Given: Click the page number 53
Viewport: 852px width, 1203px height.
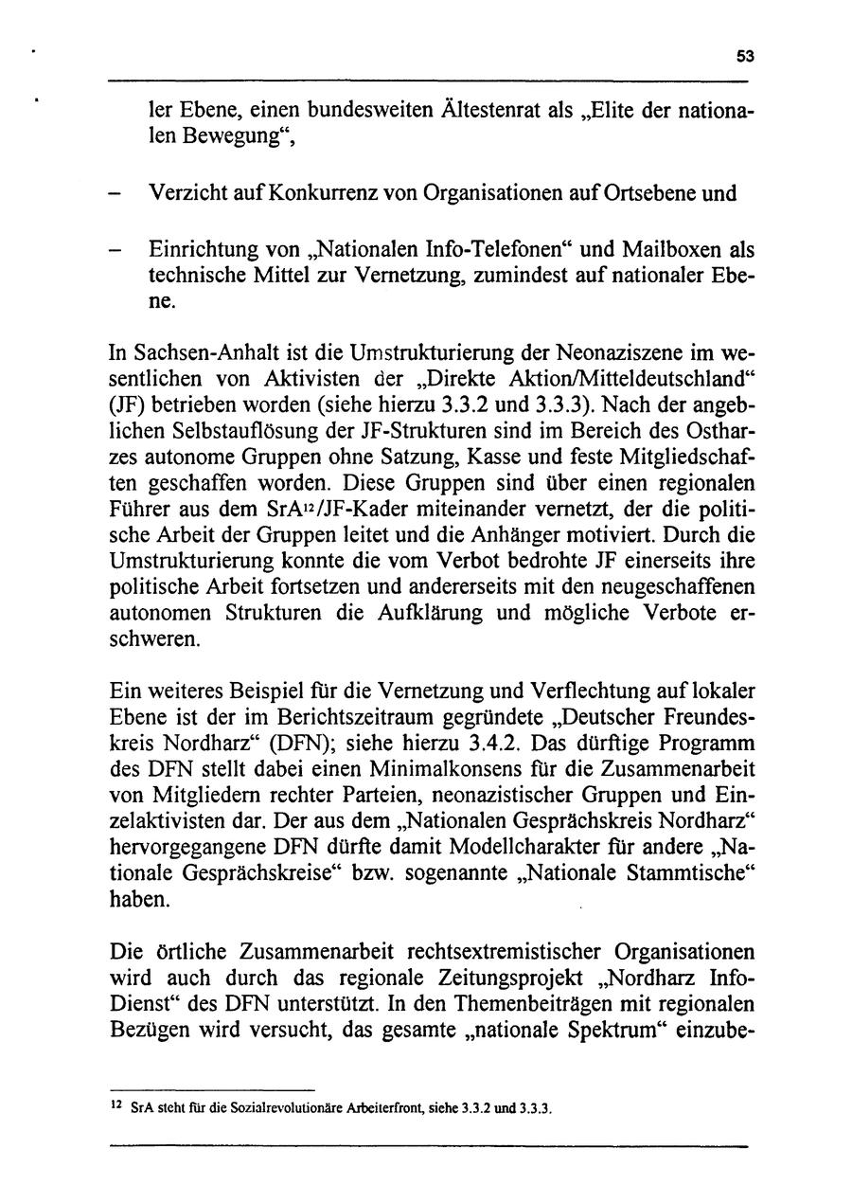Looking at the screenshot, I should [745, 57].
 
